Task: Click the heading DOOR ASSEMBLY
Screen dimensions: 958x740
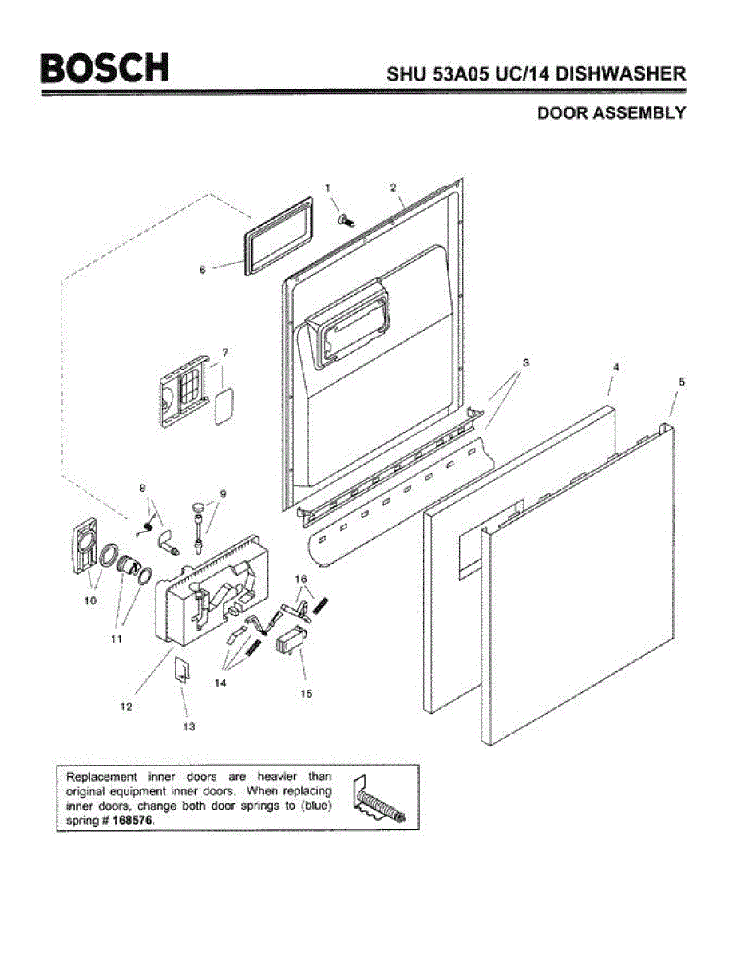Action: point(611,113)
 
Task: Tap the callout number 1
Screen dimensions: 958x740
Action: point(327,187)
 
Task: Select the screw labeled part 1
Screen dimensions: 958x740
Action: point(346,217)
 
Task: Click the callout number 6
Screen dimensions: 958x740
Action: point(202,270)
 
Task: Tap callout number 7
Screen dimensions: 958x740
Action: point(225,352)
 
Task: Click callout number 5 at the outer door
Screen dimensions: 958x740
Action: point(680,382)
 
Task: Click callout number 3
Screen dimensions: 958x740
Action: point(525,362)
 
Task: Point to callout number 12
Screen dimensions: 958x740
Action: point(126,707)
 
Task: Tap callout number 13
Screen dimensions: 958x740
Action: point(189,726)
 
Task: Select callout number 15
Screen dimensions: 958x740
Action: point(306,694)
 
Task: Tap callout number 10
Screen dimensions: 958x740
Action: point(90,600)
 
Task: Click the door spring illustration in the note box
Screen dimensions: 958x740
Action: point(380,801)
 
